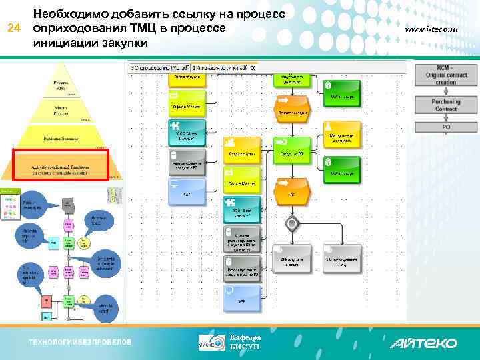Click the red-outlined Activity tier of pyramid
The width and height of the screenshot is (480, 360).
pyautogui.click(x=61, y=165)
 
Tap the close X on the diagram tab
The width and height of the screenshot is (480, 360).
pyautogui.click(x=253, y=68)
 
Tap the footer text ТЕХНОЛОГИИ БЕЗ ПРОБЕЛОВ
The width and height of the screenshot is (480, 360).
pyautogui.click(x=79, y=343)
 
